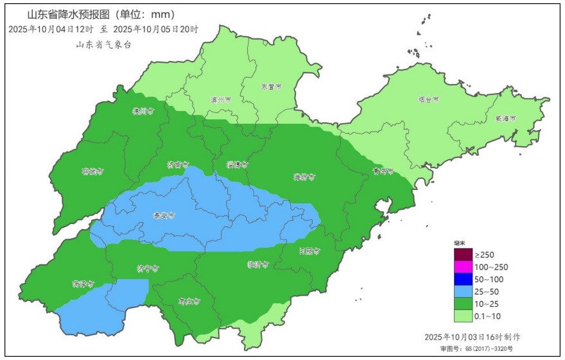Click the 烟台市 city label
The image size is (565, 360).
click(428, 100)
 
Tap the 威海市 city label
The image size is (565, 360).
click(505, 119)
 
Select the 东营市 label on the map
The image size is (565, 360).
click(271, 87)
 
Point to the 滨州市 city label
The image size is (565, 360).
click(221, 100)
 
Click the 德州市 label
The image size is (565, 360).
click(143, 111)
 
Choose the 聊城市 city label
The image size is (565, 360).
click(92, 171)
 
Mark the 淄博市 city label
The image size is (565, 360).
click(237, 165)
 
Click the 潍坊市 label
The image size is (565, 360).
click(304, 176)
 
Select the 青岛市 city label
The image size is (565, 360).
click(381, 171)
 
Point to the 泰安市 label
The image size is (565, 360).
click(164, 216)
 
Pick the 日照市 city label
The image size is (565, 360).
click(309, 251)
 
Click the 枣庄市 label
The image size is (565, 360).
click(189, 300)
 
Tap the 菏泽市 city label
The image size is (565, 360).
click(83, 283)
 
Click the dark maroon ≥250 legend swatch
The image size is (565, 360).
click(463, 255)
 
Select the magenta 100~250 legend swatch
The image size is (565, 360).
click(463, 267)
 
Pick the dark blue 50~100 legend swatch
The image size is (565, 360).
click(463, 279)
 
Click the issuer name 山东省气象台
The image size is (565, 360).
click(103, 45)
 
